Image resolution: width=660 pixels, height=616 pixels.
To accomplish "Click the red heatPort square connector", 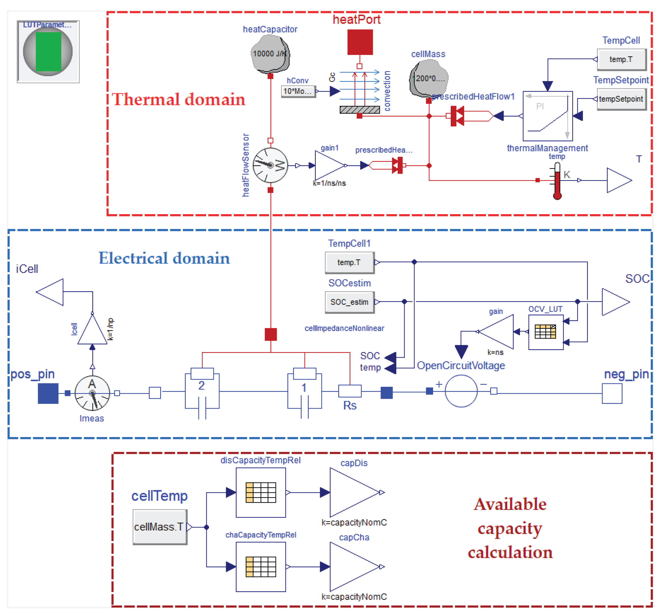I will pyautogui.click(x=360, y=42).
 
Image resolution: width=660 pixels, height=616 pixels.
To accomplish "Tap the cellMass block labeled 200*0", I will pyautogui.click(x=429, y=79).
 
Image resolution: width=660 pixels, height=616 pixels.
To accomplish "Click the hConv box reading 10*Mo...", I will pyautogui.click(x=298, y=91).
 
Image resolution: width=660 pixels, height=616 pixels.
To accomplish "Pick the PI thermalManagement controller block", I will pyautogui.click(x=548, y=116).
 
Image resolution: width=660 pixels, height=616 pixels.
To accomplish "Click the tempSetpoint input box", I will pyautogui.click(x=621, y=99).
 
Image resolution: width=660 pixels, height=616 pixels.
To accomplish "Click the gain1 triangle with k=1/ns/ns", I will pyautogui.click(x=329, y=165).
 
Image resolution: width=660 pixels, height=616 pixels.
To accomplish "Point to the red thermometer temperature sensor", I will pyautogui.click(x=557, y=181).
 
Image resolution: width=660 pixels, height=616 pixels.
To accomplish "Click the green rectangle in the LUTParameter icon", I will pyautogui.click(x=49, y=51).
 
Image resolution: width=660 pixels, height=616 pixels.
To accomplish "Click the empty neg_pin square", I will pyautogui.click(x=612, y=393).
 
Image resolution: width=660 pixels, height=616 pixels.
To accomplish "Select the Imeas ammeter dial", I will pyautogui.click(x=92, y=393).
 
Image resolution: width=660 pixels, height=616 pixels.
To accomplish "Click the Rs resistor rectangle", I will pyautogui.click(x=350, y=391).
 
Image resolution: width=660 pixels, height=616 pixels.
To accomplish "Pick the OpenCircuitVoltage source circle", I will pyautogui.click(x=461, y=391).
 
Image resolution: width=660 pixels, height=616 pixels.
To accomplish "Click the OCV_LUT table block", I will pyautogui.click(x=546, y=332).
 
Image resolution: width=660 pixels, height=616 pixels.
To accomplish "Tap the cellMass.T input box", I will pyautogui.click(x=160, y=527).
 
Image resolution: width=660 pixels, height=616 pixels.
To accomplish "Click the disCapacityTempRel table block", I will pyautogui.click(x=261, y=492).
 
